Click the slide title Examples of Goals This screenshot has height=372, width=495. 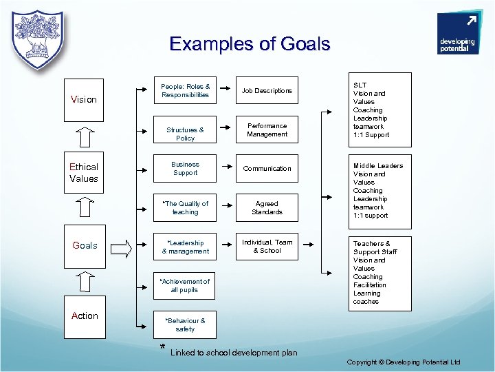[x=250, y=44]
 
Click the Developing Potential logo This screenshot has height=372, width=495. [x=456, y=34]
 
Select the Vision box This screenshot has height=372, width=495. [x=84, y=99]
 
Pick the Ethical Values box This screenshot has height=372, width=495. [x=84, y=172]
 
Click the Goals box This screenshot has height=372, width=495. [x=85, y=246]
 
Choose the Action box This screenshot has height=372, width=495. [x=85, y=316]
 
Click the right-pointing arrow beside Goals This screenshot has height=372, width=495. [x=120, y=248]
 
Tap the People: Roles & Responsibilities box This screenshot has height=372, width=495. [x=185, y=90]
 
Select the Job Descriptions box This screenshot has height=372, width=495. [x=267, y=90]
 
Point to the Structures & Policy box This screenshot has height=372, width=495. [x=185, y=134]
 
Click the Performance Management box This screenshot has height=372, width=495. [x=267, y=130]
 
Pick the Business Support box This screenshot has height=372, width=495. [x=185, y=169]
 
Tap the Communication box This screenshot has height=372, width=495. [x=267, y=169]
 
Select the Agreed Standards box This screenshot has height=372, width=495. [x=267, y=208]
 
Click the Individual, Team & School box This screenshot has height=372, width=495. [x=267, y=247]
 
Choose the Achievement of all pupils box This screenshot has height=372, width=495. [x=185, y=286]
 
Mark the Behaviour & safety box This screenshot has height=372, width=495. [x=185, y=324]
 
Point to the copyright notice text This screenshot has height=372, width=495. [x=404, y=362]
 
